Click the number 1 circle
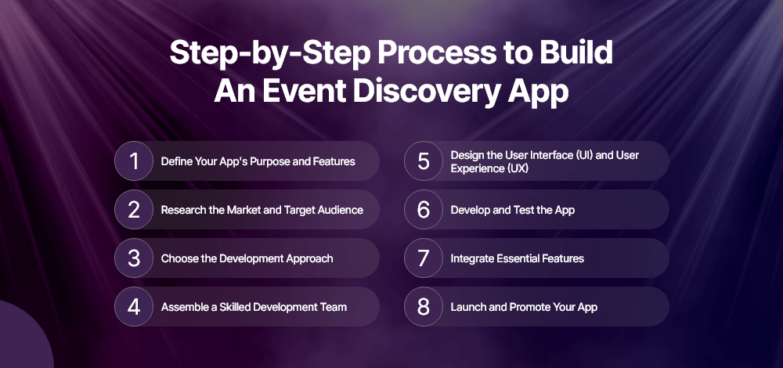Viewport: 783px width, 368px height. click(x=134, y=161)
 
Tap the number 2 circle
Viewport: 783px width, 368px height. click(x=134, y=210)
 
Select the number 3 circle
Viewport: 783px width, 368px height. click(x=134, y=258)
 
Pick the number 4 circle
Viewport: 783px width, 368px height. click(x=134, y=307)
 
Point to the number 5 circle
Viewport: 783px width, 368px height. click(x=424, y=161)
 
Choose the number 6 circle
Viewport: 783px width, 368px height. click(x=424, y=210)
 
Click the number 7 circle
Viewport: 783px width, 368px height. click(x=424, y=258)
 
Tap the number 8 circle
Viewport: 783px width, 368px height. click(x=424, y=307)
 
